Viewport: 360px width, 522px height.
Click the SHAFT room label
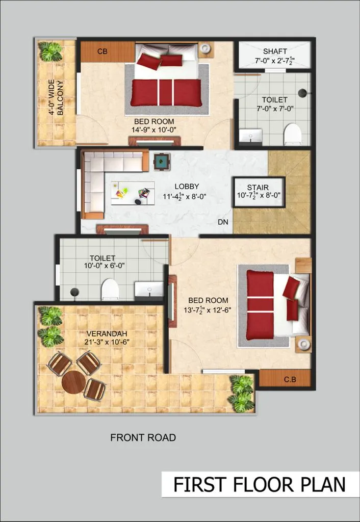click(275, 51)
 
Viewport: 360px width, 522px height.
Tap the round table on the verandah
click(74, 382)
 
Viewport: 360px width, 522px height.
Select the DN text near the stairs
click(223, 222)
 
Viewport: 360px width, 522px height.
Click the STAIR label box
click(259, 192)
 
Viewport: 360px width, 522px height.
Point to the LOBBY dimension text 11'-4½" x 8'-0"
click(185, 196)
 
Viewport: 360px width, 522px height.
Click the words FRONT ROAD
click(143, 437)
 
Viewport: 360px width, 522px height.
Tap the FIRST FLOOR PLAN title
click(260, 484)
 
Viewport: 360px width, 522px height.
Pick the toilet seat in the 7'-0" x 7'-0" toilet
click(293, 134)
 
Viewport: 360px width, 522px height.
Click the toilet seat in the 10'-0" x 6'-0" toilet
click(110, 289)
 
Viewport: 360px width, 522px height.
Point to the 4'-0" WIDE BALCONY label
click(56, 97)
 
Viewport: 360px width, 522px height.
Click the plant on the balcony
click(50, 51)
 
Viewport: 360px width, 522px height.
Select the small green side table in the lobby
click(162, 161)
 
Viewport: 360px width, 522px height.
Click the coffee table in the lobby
click(133, 193)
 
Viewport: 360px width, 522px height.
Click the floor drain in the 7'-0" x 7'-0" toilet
click(302, 93)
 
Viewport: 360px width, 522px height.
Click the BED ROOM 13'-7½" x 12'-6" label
click(208, 306)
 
